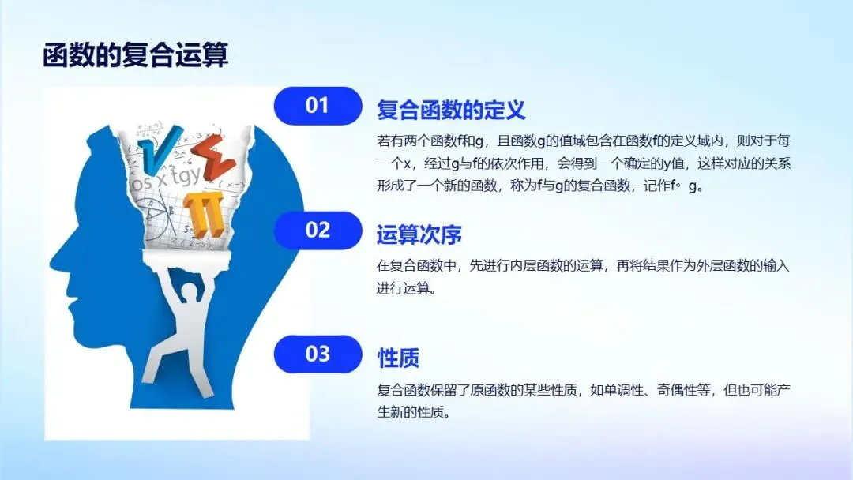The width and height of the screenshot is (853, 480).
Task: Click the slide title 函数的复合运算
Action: tap(136, 55)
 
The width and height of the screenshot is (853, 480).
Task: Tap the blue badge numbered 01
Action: tap(318, 106)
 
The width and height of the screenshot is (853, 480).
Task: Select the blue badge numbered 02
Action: tap(318, 230)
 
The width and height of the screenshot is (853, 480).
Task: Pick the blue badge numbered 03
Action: tap(318, 354)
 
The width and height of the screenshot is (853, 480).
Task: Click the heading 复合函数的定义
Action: tap(451, 110)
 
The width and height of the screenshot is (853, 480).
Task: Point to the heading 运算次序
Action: tap(419, 234)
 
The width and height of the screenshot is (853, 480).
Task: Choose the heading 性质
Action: tap(398, 358)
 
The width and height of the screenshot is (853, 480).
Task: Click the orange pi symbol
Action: tap(204, 214)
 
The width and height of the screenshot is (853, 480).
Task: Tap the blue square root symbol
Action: tap(159, 148)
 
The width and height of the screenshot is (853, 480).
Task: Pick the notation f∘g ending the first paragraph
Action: tap(684, 186)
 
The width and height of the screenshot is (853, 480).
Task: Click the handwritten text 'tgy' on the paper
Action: tap(184, 175)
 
